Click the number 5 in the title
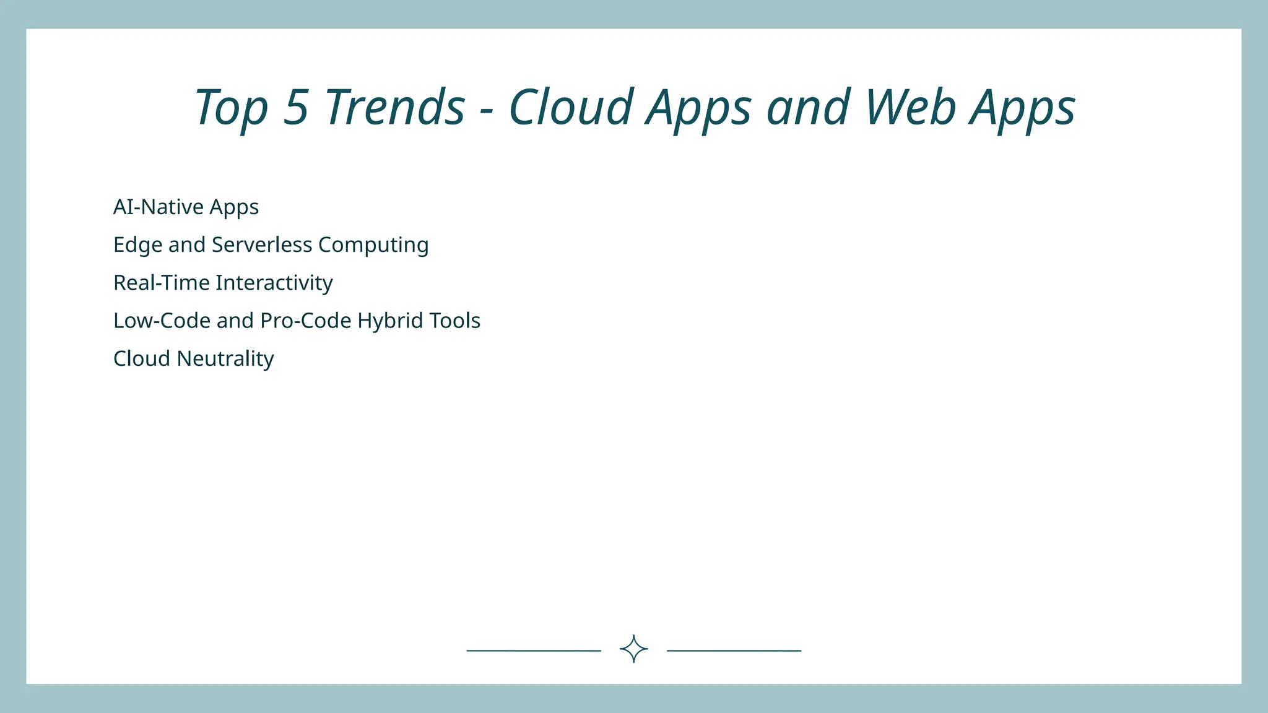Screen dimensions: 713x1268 pyautogui.click(x=296, y=107)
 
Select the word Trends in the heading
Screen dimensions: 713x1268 pyautogui.click(x=395, y=107)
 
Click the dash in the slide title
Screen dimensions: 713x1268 pyautogui.click(x=487, y=111)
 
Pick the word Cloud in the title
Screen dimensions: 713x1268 pyautogui.click(x=571, y=107)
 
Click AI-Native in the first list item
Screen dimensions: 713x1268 pyautogui.click(x=158, y=207)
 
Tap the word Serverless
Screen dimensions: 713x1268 pyautogui.click(x=261, y=244)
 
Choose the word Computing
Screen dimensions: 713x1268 pyautogui.click(x=373, y=246)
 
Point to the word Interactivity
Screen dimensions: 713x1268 pyautogui.click(x=274, y=283)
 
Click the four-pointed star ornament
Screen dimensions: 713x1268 pyautogui.click(x=633, y=649)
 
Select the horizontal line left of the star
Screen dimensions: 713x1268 pyautogui.click(x=534, y=650)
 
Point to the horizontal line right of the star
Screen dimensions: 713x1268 pyautogui.click(x=734, y=650)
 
